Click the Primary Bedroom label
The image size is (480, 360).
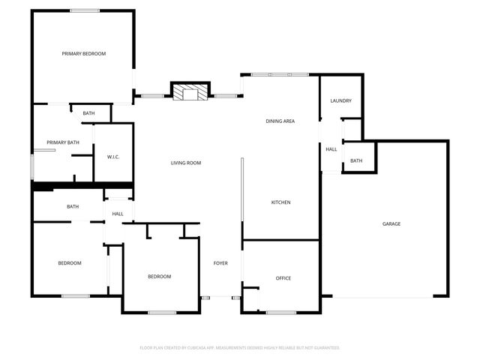point(83,53)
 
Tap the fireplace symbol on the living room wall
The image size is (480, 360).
point(188,92)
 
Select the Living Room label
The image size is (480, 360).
point(185,163)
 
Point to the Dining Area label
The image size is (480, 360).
point(280,121)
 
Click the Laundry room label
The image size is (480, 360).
point(340,101)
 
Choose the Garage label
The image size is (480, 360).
point(391,224)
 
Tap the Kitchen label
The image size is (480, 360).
point(280,202)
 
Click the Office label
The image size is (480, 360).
point(283,278)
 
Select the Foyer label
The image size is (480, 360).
point(220,263)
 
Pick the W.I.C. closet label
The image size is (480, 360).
point(114,157)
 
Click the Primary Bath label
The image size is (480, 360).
point(63,142)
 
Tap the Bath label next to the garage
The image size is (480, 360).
point(355,160)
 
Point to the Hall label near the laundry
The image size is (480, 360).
point(331,149)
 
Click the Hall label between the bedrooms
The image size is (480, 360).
point(118,214)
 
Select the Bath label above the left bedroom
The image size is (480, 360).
point(73,206)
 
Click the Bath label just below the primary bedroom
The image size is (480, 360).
point(89,113)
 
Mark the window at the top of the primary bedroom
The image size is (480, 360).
point(85,10)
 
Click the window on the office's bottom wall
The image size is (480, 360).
point(281,312)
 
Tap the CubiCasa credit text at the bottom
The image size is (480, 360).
point(240,348)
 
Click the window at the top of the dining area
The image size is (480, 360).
point(279,74)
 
